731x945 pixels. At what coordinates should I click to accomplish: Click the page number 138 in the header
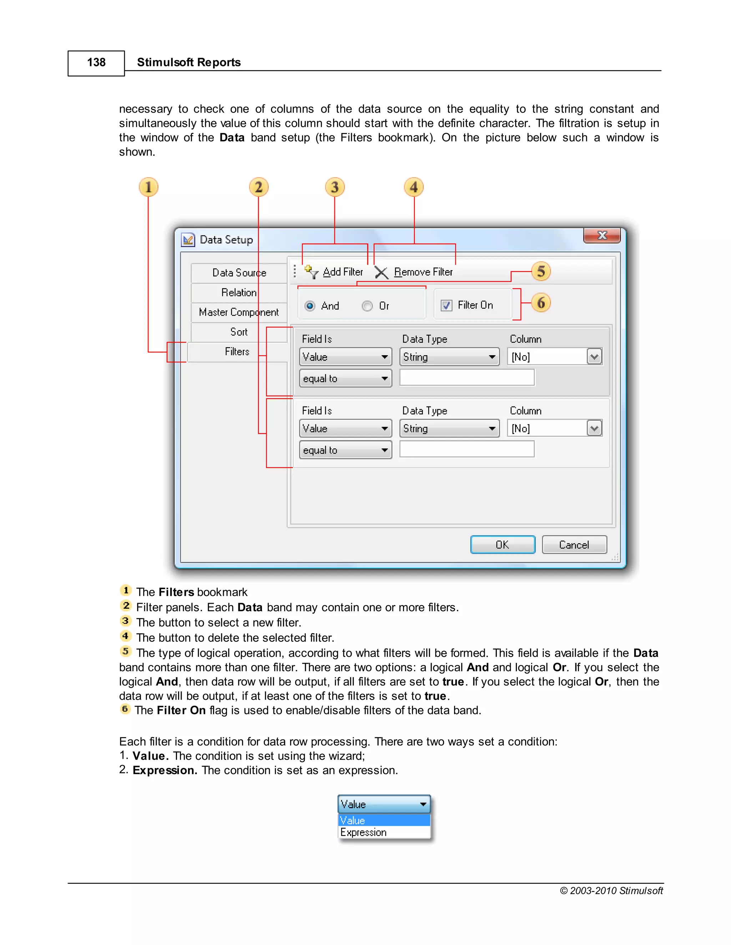coord(96,63)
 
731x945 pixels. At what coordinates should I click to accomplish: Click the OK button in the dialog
coord(502,545)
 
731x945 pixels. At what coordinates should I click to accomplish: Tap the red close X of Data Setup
coord(601,236)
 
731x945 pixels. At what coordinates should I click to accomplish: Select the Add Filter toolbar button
coord(334,272)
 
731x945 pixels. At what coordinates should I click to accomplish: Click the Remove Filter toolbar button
coord(414,272)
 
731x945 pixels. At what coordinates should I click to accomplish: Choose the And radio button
coord(310,306)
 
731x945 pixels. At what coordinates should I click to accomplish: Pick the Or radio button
coord(367,306)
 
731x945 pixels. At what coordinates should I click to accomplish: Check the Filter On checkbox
coord(446,306)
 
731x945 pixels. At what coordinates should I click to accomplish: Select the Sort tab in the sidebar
coord(239,332)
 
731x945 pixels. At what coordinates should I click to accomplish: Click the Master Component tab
coord(239,312)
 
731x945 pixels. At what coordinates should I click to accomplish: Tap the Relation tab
coord(239,292)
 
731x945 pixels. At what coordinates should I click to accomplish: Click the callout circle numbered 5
coord(541,272)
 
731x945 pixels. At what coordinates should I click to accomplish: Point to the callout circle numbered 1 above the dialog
coord(148,187)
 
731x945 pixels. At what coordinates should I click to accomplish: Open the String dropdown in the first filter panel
coord(449,357)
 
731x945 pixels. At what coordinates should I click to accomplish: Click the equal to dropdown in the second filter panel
coord(346,450)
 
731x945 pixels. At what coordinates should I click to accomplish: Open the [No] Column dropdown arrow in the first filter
coord(594,357)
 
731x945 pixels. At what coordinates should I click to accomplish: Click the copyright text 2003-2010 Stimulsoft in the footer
coord(611,890)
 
